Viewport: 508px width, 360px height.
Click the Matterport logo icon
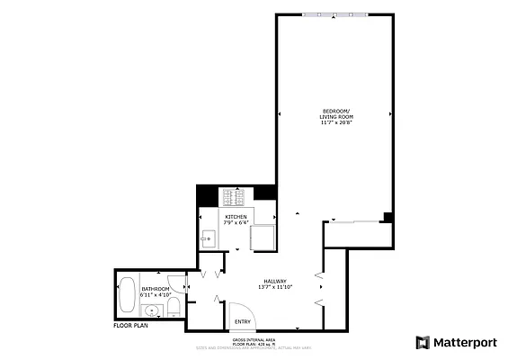[x=422, y=342]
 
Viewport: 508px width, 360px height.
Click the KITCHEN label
[x=236, y=217]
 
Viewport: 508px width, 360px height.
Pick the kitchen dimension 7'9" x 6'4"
[x=236, y=223]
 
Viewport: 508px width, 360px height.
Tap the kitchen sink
[x=208, y=238]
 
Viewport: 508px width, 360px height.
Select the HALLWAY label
[x=274, y=281]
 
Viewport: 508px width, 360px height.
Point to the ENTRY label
[x=242, y=321]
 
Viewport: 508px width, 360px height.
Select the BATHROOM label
[x=155, y=288]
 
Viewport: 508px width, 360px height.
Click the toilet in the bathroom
[x=174, y=309]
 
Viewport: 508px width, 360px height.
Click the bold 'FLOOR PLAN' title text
[x=131, y=326]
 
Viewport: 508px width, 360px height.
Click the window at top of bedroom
[x=334, y=13]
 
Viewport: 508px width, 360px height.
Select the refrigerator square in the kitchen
[x=262, y=238]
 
